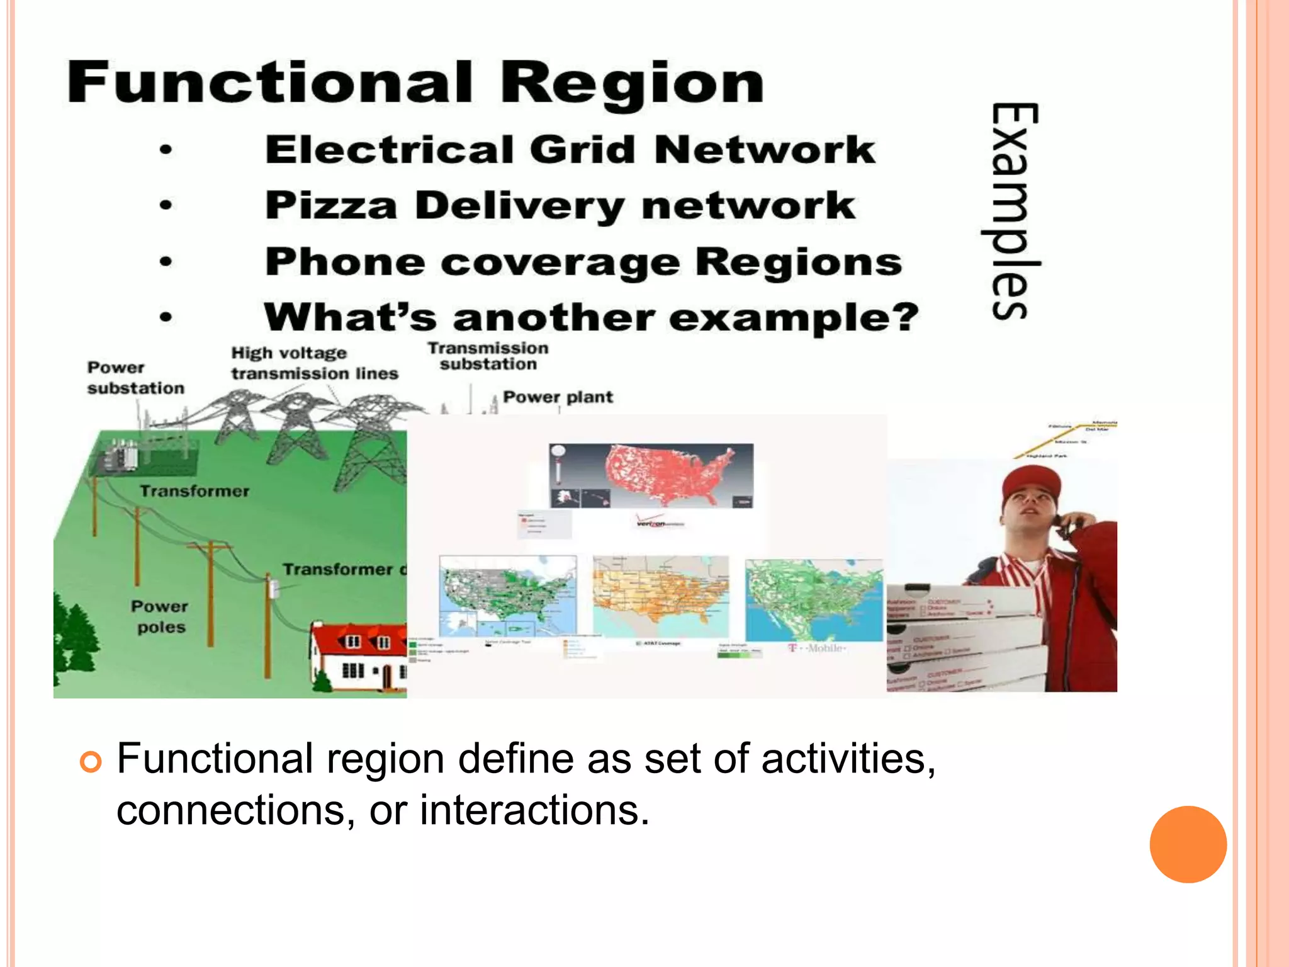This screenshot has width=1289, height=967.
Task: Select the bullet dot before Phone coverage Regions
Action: click(166, 261)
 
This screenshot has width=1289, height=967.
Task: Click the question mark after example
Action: click(905, 317)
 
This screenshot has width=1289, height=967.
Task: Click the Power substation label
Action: click(135, 378)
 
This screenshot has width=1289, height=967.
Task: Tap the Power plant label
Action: click(558, 397)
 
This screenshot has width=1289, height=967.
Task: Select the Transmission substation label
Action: click(488, 356)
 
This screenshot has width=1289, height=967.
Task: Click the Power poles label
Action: click(160, 616)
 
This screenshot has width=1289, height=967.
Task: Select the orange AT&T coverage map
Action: click(661, 595)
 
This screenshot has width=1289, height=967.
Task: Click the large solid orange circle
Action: click(1188, 844)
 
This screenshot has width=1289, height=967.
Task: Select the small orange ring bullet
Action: click(91, 762)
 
